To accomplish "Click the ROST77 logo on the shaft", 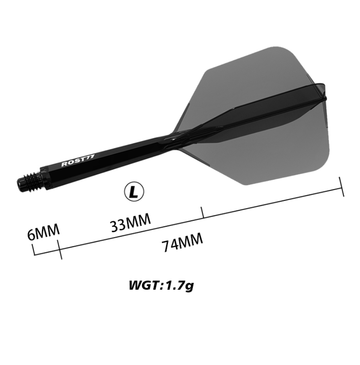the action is tap(78, 160).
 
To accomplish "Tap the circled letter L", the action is tap(134, 192).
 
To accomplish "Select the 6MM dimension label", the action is tap(43, 232).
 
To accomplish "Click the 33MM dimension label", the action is tap(130, 223).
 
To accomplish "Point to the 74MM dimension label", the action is tap(182, 242).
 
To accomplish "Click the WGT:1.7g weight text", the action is tap(161, 285).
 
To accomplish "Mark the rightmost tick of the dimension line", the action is tap(342, 186).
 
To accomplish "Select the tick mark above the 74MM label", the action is tap(202, 212).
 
